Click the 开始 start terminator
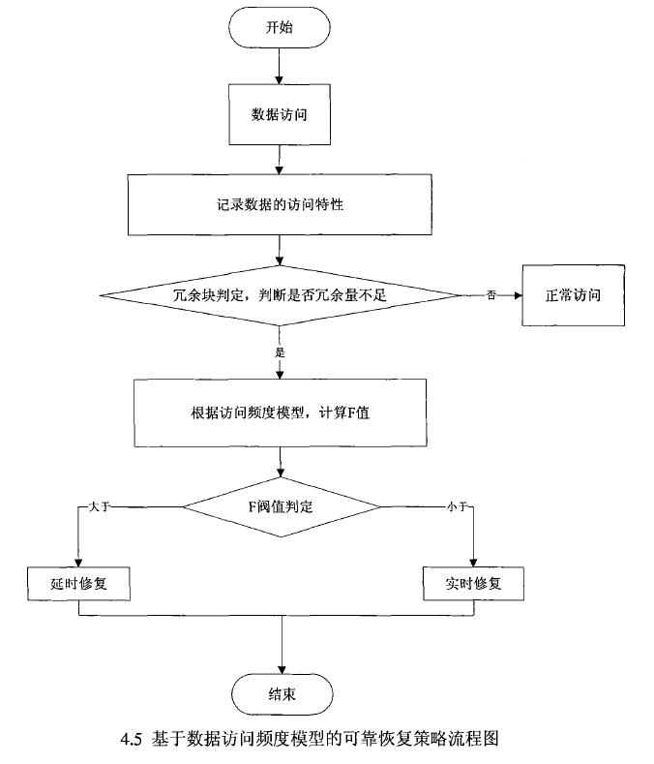point(280,27)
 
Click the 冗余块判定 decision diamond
point(280,294)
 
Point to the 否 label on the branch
point(492,294)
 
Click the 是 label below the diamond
point(281,352)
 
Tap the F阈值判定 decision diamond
point(281,504)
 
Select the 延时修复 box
point(76,584)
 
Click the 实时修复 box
point(474,584)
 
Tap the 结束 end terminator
point(281,693)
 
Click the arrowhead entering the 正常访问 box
point(518,294)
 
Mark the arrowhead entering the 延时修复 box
point(76,562)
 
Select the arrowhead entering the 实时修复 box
point(474,562)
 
